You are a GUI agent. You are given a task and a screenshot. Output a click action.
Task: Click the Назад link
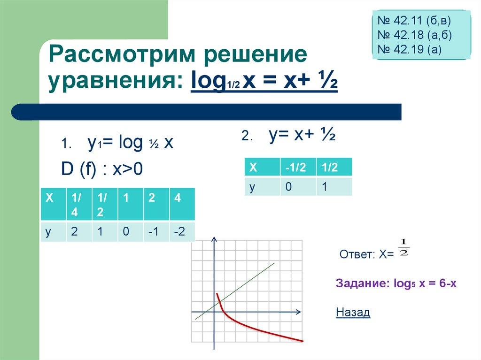(x=353, y=312)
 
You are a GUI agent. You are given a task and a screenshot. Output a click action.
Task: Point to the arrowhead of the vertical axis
(x=214, y=240)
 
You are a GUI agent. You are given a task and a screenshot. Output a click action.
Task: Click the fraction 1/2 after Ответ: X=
(x=403, y=248)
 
